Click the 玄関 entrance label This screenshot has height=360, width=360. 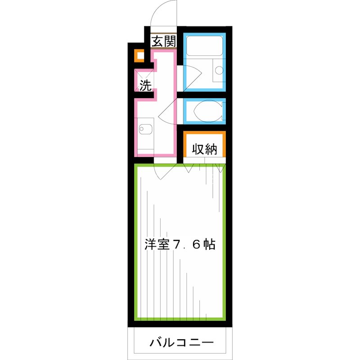[163, 42]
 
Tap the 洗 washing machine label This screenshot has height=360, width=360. [145, 85]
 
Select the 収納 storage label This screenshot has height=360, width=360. [205, 149]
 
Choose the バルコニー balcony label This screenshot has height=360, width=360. [179, 343]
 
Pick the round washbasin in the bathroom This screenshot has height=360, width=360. [218, 71]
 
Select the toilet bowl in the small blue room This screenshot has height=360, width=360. [207, 111]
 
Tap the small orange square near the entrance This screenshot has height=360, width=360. [140, 56]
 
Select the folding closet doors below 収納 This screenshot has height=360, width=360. [205, 168]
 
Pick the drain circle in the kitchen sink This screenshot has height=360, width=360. [143, 130]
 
